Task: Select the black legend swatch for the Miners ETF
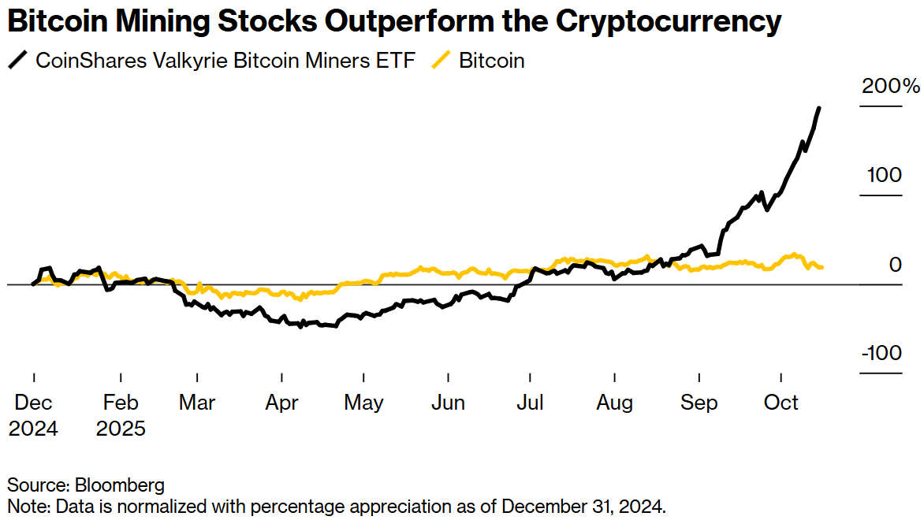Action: (17, 60)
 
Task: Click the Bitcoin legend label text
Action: (492, 61)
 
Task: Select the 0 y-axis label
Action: (895, 265)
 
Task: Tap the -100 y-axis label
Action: (881, 353)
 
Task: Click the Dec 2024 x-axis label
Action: (34, 414)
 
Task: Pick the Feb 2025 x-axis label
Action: (121, 414)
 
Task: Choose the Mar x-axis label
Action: (197, 403)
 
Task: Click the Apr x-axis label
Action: (281, 403)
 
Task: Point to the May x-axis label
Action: (363, 403)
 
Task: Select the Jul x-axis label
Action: (530, 403)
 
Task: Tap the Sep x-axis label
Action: (699, 403)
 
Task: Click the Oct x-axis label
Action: (781, 403)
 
